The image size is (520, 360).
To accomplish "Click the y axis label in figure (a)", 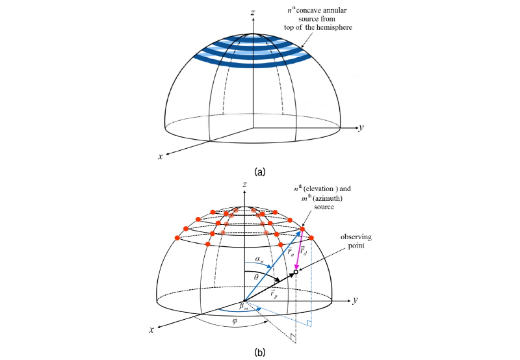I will point(360,127).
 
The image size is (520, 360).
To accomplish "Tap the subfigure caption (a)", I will point(259,172).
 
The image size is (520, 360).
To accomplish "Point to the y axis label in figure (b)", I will point(357,300).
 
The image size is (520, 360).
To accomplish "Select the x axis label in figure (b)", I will point(151,330).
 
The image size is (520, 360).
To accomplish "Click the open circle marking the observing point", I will point(296,272).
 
